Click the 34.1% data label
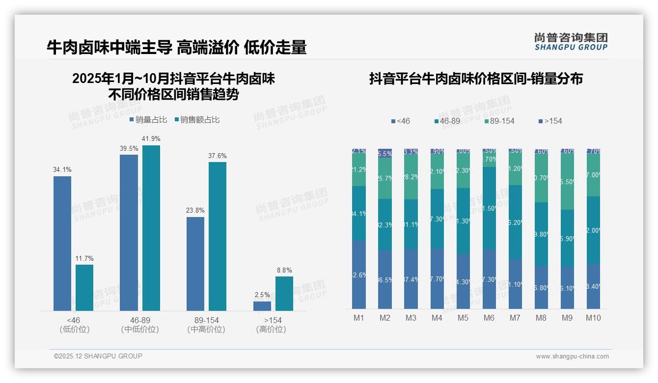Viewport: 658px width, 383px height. click(62, 170)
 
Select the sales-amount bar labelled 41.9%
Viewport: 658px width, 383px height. click(151, 228)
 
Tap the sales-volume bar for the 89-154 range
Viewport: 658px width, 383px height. click(195, 264)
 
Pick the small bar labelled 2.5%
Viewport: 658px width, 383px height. click(262, 306)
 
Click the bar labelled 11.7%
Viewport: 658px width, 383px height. click(84, 288)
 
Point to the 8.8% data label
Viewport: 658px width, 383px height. click(284, 270)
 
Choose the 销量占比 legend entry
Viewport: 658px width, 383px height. click(148, 120)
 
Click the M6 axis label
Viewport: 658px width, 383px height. click(489, 318)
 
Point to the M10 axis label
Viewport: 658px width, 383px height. click(593, 318)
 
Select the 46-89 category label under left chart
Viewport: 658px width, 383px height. click(140, 321)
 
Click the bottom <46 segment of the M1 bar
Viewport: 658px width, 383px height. click(359, 275)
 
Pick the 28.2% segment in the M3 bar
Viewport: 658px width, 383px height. click(411, 177)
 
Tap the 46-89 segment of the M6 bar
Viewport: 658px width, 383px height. click(489, 208)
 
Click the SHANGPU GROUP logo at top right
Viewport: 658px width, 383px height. click(571, 41)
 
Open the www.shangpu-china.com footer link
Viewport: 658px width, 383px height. click(572, 356)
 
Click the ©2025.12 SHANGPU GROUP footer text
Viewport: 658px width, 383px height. click(98, 356)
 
